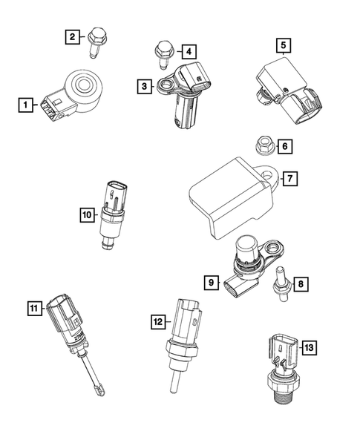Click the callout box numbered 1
tap(25, 106)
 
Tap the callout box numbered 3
tap(145, 88)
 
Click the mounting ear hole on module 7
tap(271, 176)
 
